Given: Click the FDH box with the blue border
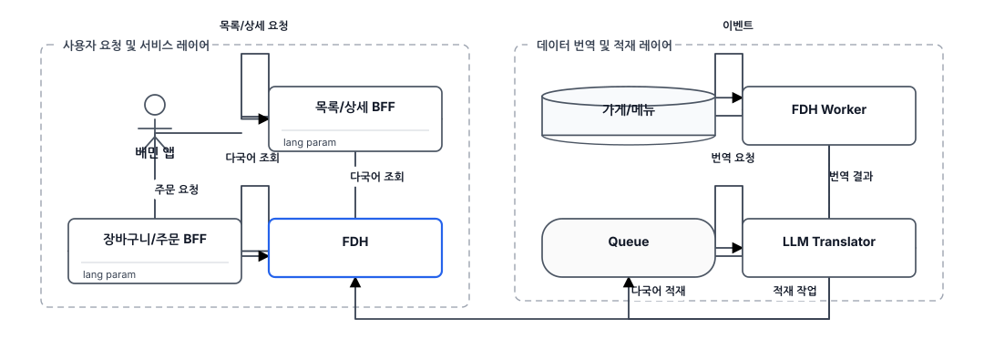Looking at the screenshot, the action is pos(355,248).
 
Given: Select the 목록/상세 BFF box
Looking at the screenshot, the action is pos(355,118).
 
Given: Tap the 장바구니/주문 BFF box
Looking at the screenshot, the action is pos(154,251).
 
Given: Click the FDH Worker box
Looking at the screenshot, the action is pos(829,116).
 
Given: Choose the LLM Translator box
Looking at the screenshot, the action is pos(829,248).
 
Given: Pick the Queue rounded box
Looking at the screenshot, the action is pos(628,248).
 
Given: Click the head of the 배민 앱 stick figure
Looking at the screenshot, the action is pos(154,105).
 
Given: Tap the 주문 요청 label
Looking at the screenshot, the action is pos(177,189).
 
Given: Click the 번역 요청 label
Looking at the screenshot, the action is pos(729,158).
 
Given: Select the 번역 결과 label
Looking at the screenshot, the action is pos(851,177).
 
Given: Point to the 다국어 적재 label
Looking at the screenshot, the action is pos(659,291).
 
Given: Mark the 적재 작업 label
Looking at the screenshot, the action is pos(794,291).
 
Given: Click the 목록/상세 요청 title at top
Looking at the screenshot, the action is pos(253,26).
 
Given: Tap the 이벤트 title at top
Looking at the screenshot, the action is pos(737,26).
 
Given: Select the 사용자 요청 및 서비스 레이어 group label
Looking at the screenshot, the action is pos(136,46).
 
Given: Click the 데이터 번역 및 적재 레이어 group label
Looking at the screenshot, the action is pos(605,46).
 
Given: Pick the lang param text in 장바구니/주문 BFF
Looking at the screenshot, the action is pos(109,274).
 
